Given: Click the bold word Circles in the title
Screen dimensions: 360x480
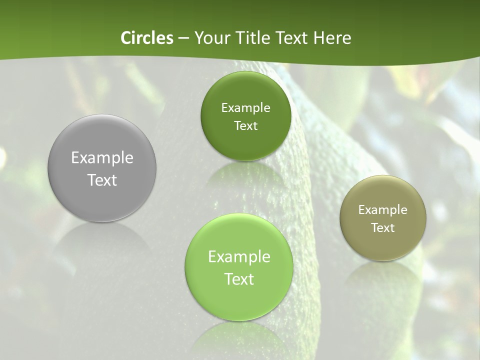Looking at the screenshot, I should click(x=146, y=38).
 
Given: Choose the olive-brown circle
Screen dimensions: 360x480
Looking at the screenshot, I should click(x=383, y=245).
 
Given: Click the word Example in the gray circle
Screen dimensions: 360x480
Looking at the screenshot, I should click(x=102, y=157).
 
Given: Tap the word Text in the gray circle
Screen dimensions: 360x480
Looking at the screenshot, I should click(x=102, y=180).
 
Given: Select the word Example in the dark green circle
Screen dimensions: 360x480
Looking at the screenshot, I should click(x=245, y=108).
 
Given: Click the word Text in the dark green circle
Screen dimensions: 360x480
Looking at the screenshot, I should click(x=245, y=125).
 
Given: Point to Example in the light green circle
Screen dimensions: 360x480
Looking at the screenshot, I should click(x=239, y=257).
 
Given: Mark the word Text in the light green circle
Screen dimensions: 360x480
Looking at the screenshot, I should click(x=239, y=279).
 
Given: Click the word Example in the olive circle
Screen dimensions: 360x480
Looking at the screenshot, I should click(x=383, y=210).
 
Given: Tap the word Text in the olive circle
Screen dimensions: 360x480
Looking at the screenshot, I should click(x=383, y=227).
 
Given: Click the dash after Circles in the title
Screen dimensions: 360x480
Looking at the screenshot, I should click(x=183, y=38).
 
